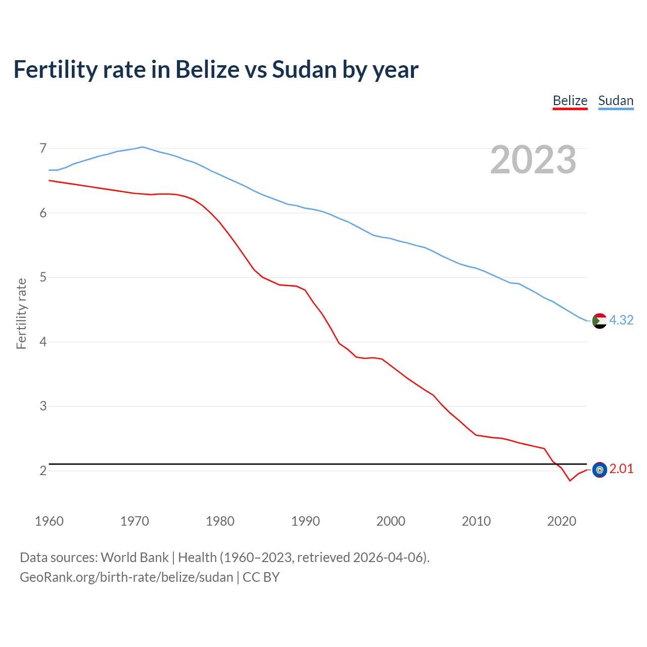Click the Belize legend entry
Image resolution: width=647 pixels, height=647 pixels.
(570, 101)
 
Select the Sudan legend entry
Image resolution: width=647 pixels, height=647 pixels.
(616, 101)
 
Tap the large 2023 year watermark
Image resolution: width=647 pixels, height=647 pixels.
(533, 160)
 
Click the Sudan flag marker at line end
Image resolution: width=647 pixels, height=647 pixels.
(599, 320)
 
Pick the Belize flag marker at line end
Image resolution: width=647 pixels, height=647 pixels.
(599, 470)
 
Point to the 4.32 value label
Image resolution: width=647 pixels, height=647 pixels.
(621, 320)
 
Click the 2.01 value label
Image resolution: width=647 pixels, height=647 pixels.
(621, 469)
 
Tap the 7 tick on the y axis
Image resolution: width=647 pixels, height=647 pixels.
(43, 149)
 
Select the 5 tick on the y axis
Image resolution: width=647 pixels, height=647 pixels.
(43, 278)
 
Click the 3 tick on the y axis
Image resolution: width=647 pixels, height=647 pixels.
(43, 406)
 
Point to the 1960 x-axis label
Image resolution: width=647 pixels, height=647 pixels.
(49, 521)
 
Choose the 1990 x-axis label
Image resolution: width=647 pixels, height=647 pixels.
(305, 521)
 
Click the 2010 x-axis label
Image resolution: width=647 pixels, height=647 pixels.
(476, 521)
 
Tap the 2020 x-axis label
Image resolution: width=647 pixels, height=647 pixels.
(562, 521)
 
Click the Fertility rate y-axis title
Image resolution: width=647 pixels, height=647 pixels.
(21, 313)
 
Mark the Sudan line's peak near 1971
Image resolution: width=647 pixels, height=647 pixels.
(143, 147)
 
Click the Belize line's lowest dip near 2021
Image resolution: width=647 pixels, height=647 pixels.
(570, 480)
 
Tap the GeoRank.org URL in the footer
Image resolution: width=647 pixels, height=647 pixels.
(126, 577)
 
